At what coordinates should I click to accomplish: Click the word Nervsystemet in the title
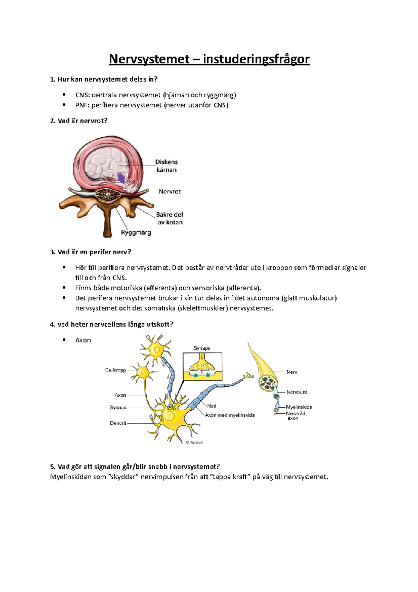pos(149,59)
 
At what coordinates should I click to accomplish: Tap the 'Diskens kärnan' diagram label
pos(167,166)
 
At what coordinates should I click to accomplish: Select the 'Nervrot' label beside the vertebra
pos(170,191)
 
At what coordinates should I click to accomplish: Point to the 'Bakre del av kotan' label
pos(170,218)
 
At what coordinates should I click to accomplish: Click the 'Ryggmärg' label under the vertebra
pos(136,233)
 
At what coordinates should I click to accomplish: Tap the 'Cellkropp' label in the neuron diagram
pos(116,370)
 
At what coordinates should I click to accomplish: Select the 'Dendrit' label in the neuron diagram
pos(118,423)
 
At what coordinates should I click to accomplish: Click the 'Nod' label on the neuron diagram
pos(212,406)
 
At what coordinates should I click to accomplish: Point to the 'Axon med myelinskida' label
pos(230,415)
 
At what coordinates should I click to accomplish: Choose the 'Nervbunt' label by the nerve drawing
pos(297,392)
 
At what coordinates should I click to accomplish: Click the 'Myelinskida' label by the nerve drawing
pos(299,407)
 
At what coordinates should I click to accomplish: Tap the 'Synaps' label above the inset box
pos(202,348)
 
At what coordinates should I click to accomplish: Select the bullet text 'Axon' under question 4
pos(83,340)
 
